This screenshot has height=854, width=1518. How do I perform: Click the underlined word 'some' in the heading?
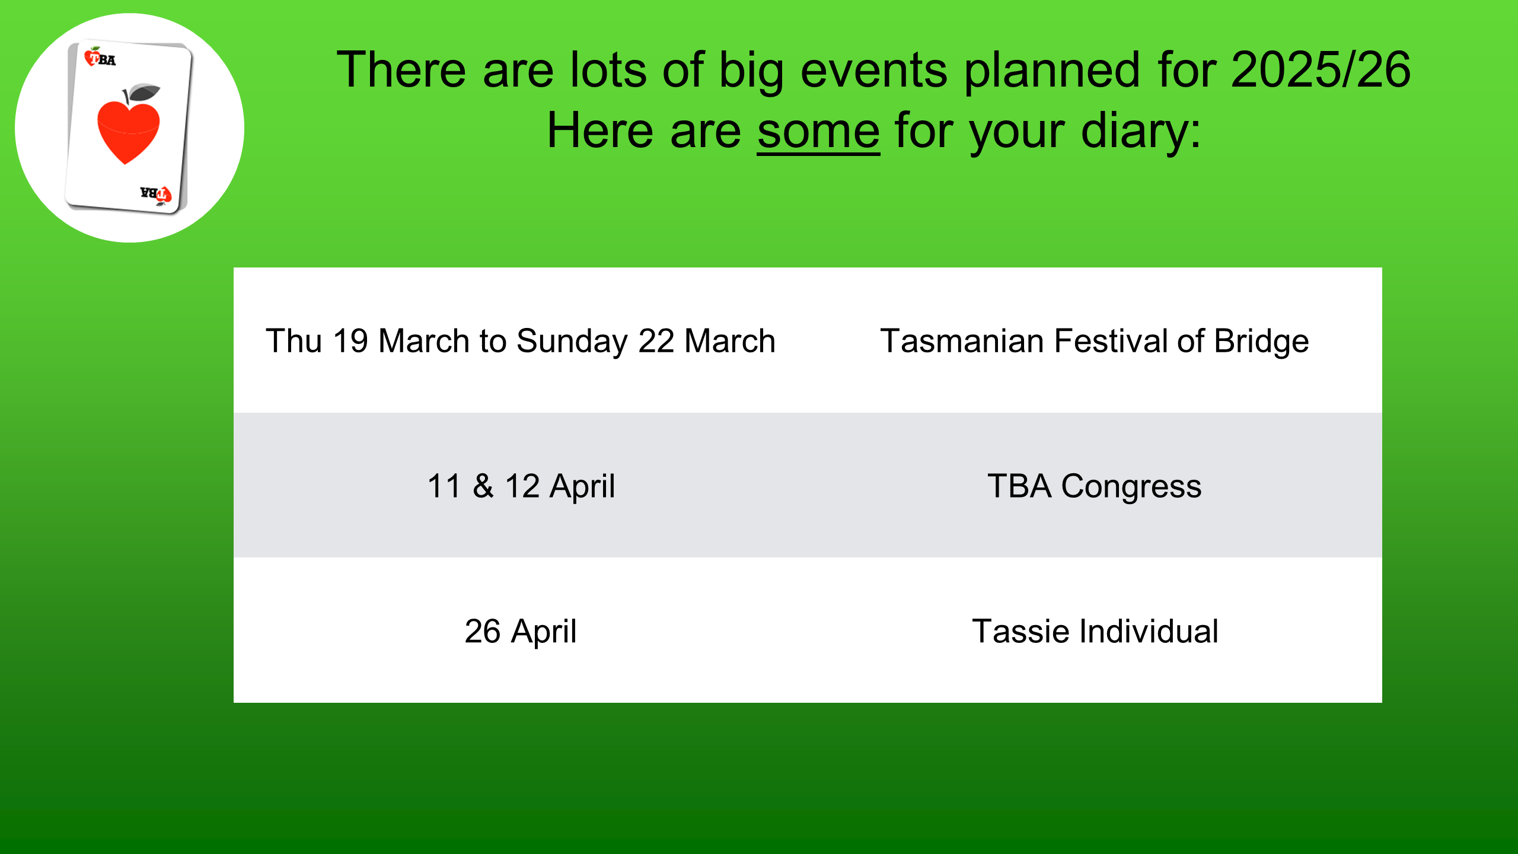point(818,132)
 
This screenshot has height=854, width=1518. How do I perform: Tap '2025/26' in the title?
point(1320,70)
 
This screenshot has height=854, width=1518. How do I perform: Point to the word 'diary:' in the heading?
point(1141,132)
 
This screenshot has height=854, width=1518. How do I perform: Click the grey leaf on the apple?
point(145,93)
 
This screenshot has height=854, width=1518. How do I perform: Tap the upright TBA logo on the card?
point(100,58)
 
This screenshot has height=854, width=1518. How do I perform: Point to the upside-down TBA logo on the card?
point(155,194)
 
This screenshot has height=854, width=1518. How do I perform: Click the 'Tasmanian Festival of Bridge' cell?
point(1094,341)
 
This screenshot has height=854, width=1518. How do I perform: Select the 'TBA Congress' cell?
point(1094,486)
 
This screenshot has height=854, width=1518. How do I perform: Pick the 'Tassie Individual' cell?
point(1095,631)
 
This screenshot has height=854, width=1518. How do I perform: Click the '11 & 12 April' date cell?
point(521,486)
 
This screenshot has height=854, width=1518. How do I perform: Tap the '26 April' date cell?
point(521,631)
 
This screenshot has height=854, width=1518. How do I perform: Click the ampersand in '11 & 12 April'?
point(483,486)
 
